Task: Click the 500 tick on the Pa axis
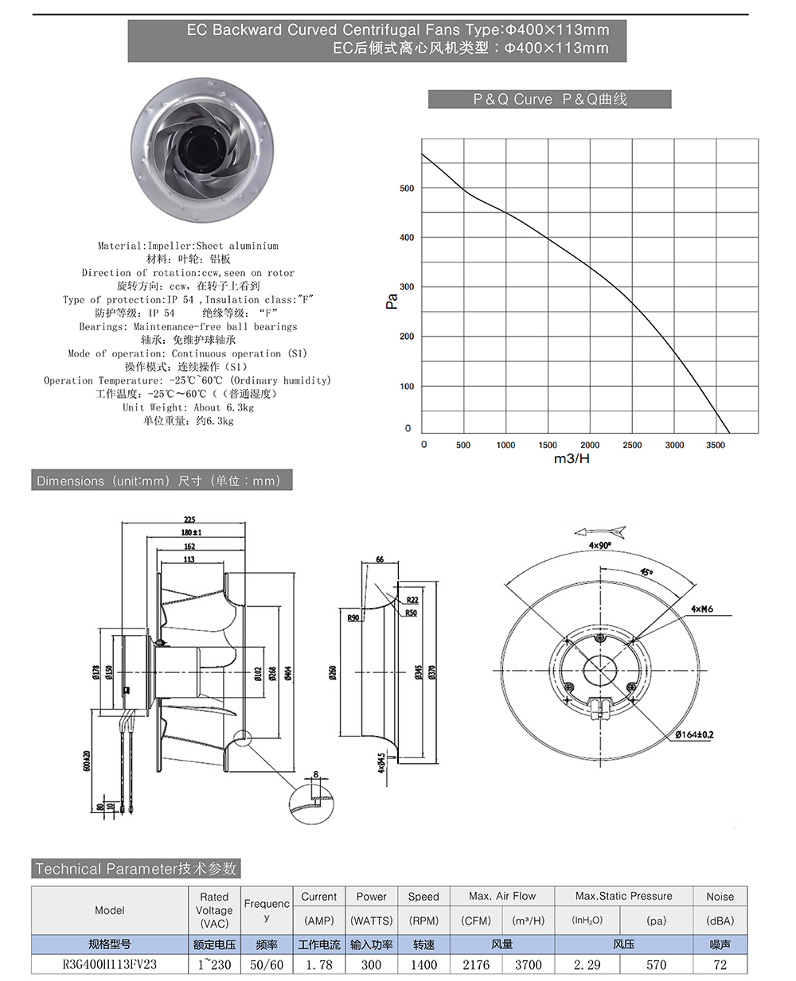pyautogui.click(x=407, y=189)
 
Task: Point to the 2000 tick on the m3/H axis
pyautogui.click(x=590, y=445)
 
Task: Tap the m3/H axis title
pyautogui.click(x=572, y=459)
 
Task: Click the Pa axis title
pyautogui.click(x=392, y=301)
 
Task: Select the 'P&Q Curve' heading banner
pyautogui.click(x=549, y=99)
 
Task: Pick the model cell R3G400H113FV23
pyautogui.click(x=110, y=964)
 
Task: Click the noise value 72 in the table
pyautogui.click(x=720, y=964)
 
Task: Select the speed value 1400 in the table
pyautogui.click(x=423, y=964)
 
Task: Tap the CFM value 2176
pyautogui.click(x=476, y=964)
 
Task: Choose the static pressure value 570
pyautogui.click(x=656, y=964)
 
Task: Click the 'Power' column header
pyautogui.click(x=371, y=897)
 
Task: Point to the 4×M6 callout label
pyautogui.click(x=701, y=609)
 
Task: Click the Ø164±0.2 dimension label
pyautogui.click(x=694, y=734)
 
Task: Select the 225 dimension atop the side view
pyautogui.click(x=189, y=520)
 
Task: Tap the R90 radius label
pyautogui.click(x=353, y=617)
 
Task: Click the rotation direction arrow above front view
pyautogui.click(x=600, y=532)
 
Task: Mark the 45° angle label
pyautogui.click(x=646, y=571)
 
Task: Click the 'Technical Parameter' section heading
pyautogui.click(x=136, y=869)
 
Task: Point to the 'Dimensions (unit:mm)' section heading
pyautogui.click(x=159, y=481)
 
